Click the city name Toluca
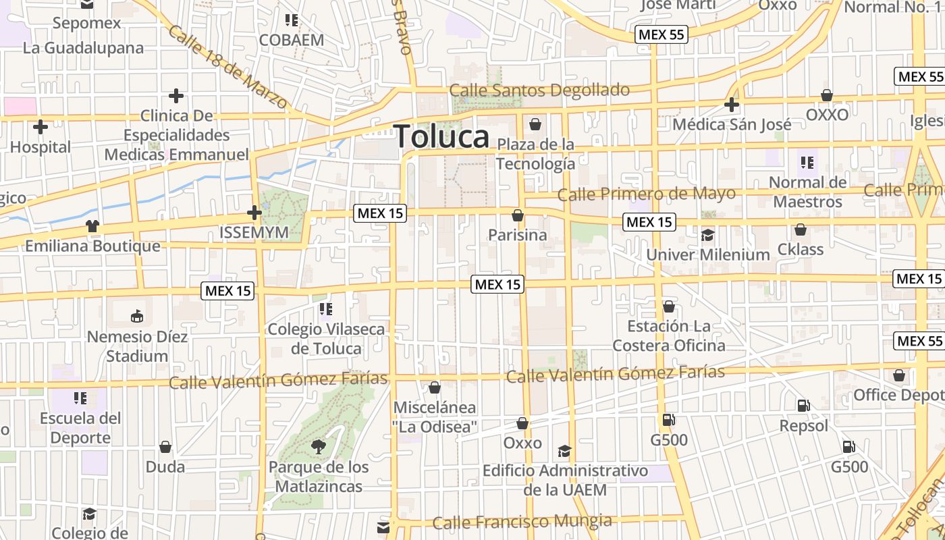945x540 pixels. [x=441, y=137]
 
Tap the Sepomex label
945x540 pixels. [x=87, y=23]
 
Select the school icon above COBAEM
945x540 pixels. [x=292, y=20]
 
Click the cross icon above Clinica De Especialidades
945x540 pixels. [x=176, y=96]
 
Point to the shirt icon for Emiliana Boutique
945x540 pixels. [x=92, y=225]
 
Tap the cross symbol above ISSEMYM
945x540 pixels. [x=254, y=213]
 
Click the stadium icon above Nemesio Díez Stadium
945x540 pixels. [x=137, y=316]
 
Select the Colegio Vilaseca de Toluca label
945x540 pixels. [x=326, y=339]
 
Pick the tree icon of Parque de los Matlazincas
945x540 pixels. [x=317, y=446]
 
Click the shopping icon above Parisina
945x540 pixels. [x=518, y=215]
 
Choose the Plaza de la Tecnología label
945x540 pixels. [x=536, y=154]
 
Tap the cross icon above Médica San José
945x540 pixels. [x=732, y=105]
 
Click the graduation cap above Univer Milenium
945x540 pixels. [x=707, y=235]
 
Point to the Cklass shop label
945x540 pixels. [x=800, y=250]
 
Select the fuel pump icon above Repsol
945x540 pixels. [x=803, y=406]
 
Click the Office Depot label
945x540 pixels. [x=898, y=395]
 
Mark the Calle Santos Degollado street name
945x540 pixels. [x=539, y=90]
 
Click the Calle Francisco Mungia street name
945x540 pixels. [x=522, y=522]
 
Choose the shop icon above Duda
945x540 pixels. [x=165, y=447]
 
